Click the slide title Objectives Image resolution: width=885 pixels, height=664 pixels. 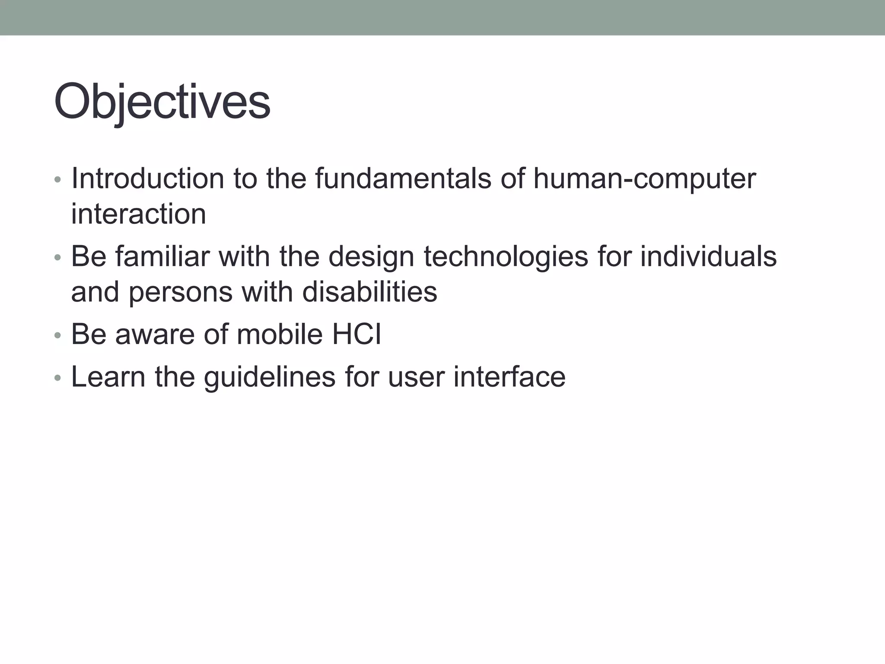(162, 102)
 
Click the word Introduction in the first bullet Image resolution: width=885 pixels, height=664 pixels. (147, 178)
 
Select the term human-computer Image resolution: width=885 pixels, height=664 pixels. (644, 178)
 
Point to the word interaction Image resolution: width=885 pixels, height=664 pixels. (138, 214)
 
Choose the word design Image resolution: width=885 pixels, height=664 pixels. (371, 256)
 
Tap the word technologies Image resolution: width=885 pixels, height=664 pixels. (506, 256)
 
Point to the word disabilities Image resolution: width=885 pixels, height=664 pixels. (369, 292)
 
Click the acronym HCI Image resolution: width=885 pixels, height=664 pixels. (357, 334)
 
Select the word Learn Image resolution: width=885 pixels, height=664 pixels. (108, 377)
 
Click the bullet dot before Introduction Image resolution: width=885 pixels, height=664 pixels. (58, 179)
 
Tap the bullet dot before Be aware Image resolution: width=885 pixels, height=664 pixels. (58, 335)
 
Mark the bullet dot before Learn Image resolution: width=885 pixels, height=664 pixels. (58, 378)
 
